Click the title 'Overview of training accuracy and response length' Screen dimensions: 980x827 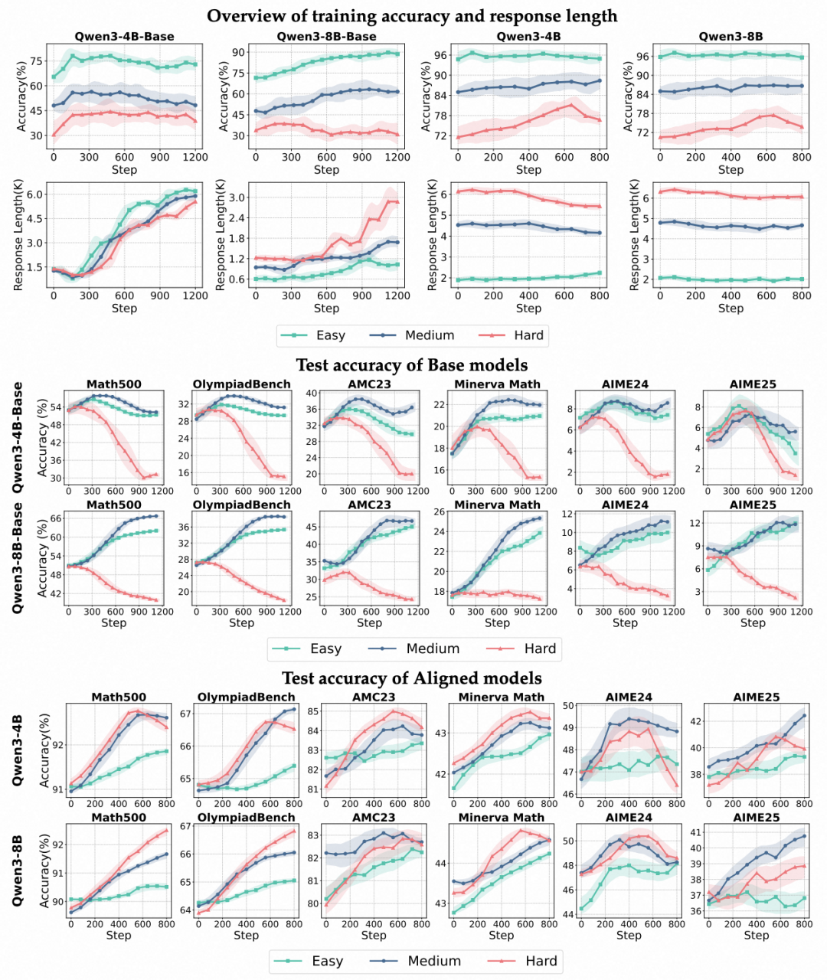412,15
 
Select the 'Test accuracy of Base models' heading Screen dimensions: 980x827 412,364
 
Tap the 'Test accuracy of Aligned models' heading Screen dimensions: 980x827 412,678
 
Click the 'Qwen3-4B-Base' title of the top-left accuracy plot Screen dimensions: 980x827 124,36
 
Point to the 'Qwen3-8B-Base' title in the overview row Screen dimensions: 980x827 326,36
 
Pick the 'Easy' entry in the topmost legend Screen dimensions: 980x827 330,335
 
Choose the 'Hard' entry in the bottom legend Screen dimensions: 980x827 541,961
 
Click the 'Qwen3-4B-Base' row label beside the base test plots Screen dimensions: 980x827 18,437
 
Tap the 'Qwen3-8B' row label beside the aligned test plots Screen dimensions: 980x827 18,870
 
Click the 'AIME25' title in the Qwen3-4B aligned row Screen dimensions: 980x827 756,697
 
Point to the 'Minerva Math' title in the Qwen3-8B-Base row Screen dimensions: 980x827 497,505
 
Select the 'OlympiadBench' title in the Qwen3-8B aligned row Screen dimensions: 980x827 246,818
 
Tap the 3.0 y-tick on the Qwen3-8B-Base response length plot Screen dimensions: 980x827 237,198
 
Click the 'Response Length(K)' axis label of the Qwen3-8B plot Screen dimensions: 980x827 633,235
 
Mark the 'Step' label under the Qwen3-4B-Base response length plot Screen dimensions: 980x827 124,308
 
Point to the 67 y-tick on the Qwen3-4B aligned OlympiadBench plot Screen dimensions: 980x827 186,714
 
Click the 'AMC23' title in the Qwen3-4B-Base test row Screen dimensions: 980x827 369,384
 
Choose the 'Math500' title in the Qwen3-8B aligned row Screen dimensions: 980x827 119,818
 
